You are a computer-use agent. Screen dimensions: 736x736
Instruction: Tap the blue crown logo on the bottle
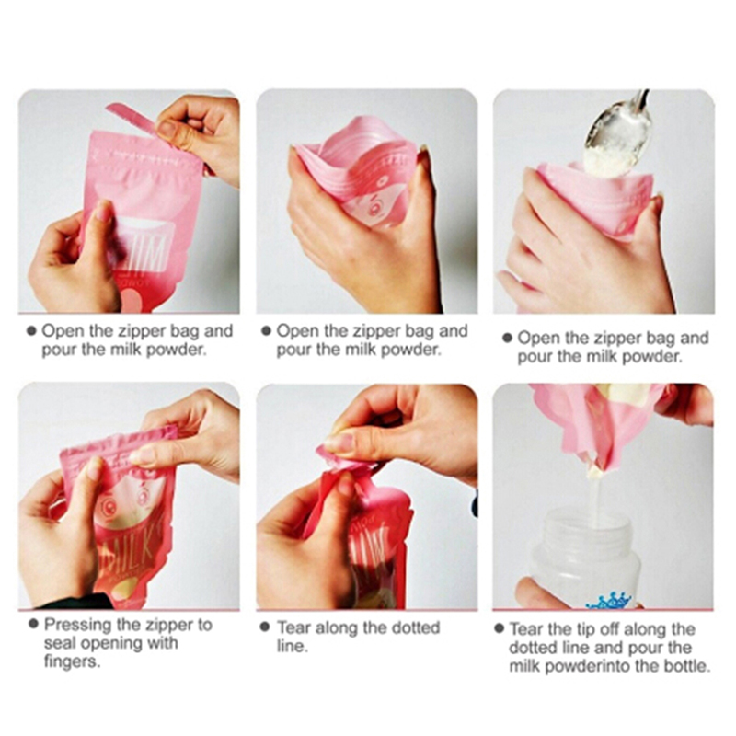[610, 602]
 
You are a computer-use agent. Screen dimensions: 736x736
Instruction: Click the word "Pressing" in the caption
[78, 626]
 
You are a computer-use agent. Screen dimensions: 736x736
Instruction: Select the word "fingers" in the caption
[72, 661]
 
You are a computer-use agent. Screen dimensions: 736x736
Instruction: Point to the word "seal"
[60, 643]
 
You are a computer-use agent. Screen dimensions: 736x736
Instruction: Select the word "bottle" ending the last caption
[686, 665]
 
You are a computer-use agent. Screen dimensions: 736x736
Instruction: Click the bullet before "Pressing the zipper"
[33, 624]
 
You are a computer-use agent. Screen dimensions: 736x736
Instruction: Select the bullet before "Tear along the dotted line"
[265, 627]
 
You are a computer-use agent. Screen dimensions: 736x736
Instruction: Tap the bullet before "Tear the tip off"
[499, 628]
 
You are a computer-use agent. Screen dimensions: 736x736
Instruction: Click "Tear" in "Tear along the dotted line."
[293, 627]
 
